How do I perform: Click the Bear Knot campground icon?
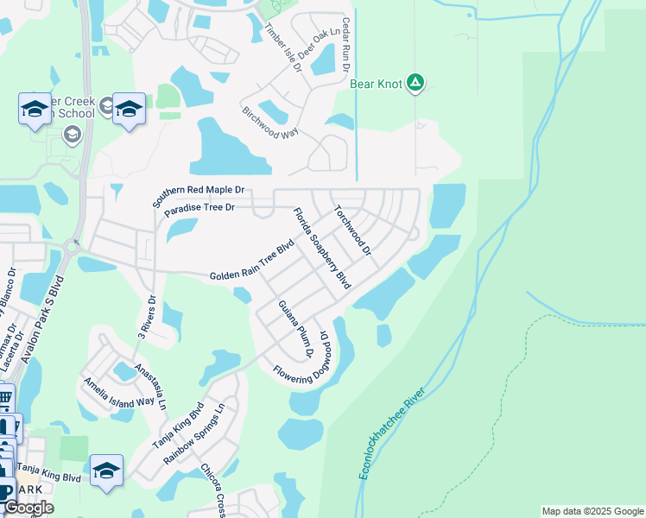[416, 83]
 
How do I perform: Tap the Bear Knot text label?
[377, 84]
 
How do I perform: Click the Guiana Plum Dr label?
[294, 329]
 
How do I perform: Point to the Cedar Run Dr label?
[346, 45]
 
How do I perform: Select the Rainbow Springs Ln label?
[193, 433]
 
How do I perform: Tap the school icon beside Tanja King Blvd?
[105, 470]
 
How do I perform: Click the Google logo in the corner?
[28, 509]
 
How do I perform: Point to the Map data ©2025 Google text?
[592, 511]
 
